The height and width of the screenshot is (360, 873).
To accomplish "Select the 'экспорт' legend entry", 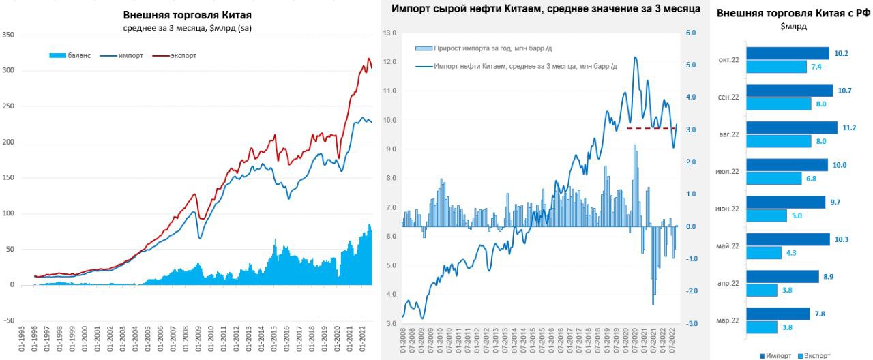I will pyautogui.click(x=182, y=55).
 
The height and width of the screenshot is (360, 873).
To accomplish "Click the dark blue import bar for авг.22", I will pyautogui.click(x=792, y=127).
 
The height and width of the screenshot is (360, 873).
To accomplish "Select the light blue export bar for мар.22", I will pyautogui.click(x=762, y=327).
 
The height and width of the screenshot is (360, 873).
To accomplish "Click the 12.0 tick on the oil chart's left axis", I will pyautogui.click(x=389, y=62).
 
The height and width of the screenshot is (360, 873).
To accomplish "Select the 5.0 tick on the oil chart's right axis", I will pyautogui.click(x=690, y=65).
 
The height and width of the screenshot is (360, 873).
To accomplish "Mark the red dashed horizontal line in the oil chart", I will pyautogui.click(x=651, y=128).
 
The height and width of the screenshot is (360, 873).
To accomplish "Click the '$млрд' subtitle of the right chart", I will pyautogui.click(x=793, y=26).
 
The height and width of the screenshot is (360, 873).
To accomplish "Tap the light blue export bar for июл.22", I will pyautogui.click(x=773, y=178).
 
